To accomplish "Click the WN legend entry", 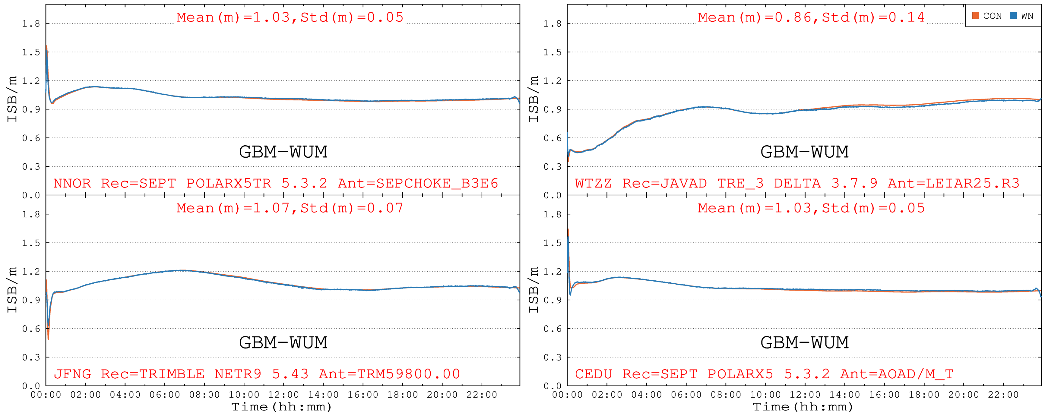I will [x=1023, y=16].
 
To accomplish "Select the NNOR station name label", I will [x=72, y=183].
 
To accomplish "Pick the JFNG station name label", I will [x=72, y=374].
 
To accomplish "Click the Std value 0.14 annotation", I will [x=907, y=17].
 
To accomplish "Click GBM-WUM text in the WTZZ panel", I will [x=804, y=152].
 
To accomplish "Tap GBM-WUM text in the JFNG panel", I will [x=283, y=342].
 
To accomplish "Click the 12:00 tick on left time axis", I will [x=283, y=395].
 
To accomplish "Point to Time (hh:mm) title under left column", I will [x=282, y=407].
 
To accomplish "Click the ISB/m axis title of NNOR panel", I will [x=12, y=99].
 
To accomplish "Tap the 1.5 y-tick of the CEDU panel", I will [x=552, y=243].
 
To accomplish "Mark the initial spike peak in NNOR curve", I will [x=47, y=46].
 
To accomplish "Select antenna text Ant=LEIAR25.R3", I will [x=953, y=183].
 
